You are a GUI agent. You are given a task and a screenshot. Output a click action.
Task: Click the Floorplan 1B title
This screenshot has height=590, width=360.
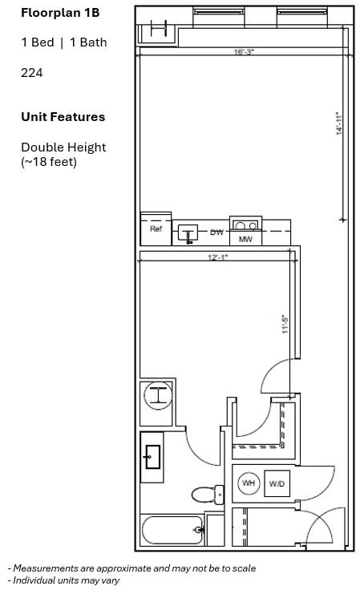(60, 13)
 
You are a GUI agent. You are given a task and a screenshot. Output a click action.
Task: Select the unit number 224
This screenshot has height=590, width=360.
(32, 72)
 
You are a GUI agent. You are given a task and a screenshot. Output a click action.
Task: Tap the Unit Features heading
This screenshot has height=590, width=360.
(63, 117)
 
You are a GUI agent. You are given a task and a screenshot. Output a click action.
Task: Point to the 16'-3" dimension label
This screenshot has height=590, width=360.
(244, 52)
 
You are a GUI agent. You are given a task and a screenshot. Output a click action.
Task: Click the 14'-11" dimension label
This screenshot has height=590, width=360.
(339, 123)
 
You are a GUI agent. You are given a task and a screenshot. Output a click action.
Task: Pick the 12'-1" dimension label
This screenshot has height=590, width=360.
(218, 257)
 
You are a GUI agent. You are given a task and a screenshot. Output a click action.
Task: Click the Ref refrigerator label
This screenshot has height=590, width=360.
(156, 228)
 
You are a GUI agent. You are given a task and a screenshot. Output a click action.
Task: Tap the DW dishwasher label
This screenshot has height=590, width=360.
(216, 232)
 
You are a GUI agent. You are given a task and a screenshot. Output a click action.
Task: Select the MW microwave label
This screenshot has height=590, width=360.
(245, 239)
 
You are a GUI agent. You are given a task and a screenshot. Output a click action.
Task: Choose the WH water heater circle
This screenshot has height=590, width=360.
(249, 483)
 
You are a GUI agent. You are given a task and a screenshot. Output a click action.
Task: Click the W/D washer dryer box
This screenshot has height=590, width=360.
(277, 483)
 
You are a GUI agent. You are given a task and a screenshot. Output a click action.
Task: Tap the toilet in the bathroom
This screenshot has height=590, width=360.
(208, 495)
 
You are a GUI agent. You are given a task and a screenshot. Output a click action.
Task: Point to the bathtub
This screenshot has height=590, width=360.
(172, 530)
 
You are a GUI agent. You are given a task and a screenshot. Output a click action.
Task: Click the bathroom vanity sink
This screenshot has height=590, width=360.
(152, 457)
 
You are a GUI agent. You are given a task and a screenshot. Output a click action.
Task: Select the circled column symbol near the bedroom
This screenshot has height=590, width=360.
(159, 395)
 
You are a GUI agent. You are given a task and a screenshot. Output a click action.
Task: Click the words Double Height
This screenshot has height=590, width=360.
(63, 147)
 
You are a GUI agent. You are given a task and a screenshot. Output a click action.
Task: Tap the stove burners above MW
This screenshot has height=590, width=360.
(245, 225)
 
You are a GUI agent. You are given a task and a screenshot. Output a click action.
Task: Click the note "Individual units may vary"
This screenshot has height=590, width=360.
(63, 580)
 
